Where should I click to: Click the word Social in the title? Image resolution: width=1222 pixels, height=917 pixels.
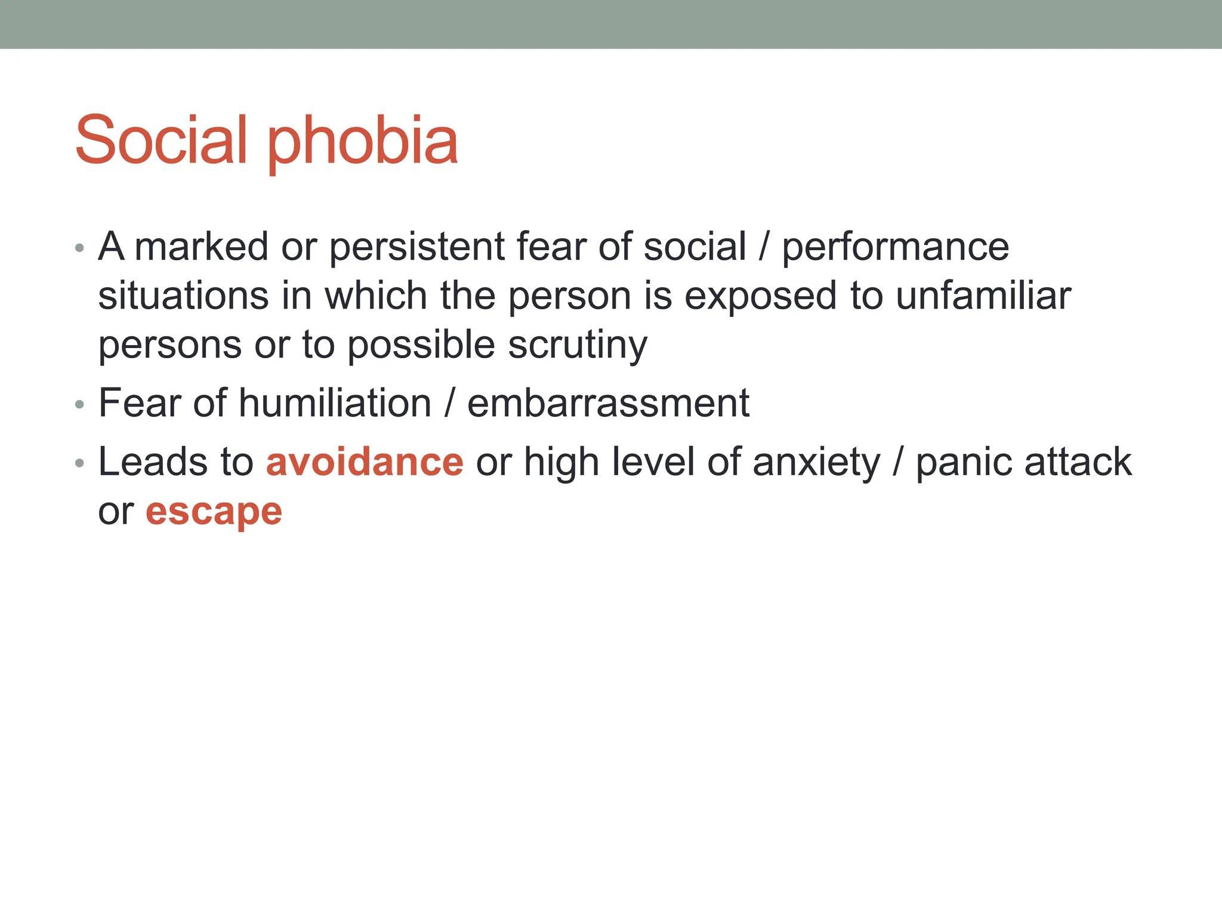[161, 140]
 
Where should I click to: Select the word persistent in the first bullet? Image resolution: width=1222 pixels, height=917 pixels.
[417, 247]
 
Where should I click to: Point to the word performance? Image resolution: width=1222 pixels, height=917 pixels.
[895, 248]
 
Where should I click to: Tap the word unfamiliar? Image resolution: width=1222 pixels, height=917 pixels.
[983, 296]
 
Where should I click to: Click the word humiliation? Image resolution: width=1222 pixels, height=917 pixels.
[335, 403]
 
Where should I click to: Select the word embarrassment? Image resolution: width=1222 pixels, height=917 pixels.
[608, 403]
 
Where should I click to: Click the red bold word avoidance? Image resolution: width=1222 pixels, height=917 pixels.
[365, 462]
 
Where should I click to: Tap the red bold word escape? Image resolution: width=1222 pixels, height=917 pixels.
[214, 512]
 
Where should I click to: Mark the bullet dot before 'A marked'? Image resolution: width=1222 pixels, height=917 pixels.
[80, 248]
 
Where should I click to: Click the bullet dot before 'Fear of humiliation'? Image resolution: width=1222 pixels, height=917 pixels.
[80, 405]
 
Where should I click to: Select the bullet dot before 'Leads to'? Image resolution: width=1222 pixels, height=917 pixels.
[80, 463]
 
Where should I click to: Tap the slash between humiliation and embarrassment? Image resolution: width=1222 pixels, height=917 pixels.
[449, 404]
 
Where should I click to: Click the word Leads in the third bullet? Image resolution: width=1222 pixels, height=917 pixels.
[153, 462]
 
